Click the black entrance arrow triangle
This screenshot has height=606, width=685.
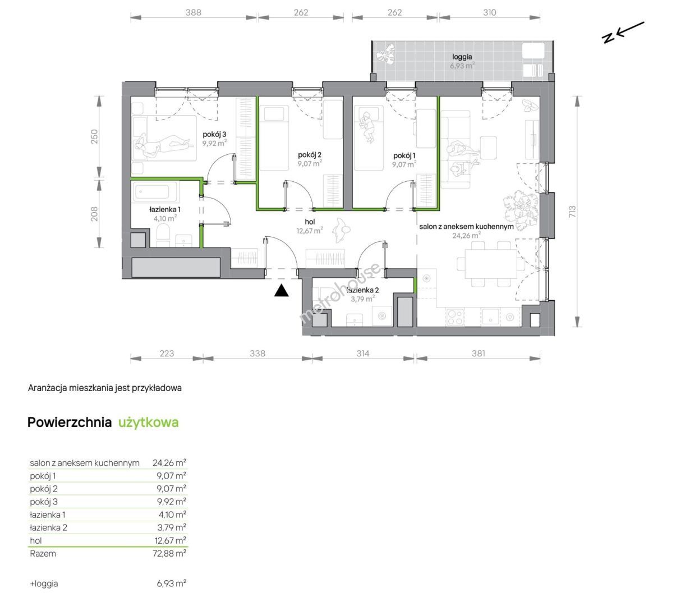pyautogui.click(x=281, y=291)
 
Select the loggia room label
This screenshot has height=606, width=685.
pyautogui.click(x=462, y=57)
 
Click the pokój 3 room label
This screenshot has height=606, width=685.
pyautogui.click(x=214, y=134)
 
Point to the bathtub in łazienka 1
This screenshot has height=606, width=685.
pyautogui.click(x=156, y=192)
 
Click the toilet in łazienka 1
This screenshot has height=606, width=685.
pyautogui.click(x=164, y=236)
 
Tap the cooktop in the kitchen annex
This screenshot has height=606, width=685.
pyautogui.click(x=455, y=317)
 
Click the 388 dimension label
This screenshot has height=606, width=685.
pyautogui.click(x=194, y=12)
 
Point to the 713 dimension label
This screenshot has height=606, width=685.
pyautogui.click(x=572, y=212)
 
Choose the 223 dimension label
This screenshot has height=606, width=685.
pyautogui.click(x=167, y=353)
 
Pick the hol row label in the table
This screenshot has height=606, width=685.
pyautogui.click(x=35, y=540)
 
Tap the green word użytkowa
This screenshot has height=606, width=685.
pyautogui.click(x=149, y=423)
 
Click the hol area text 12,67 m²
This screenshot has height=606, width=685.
pyautogui.click(x=310, y=231)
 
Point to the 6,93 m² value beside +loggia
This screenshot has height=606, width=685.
pyautogui.click(x=172, y=584)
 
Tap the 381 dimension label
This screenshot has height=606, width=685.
pyautogui.click(x=479, y=353)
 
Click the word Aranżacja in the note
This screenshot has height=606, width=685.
pyautogui.click(x=47, y=388)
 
